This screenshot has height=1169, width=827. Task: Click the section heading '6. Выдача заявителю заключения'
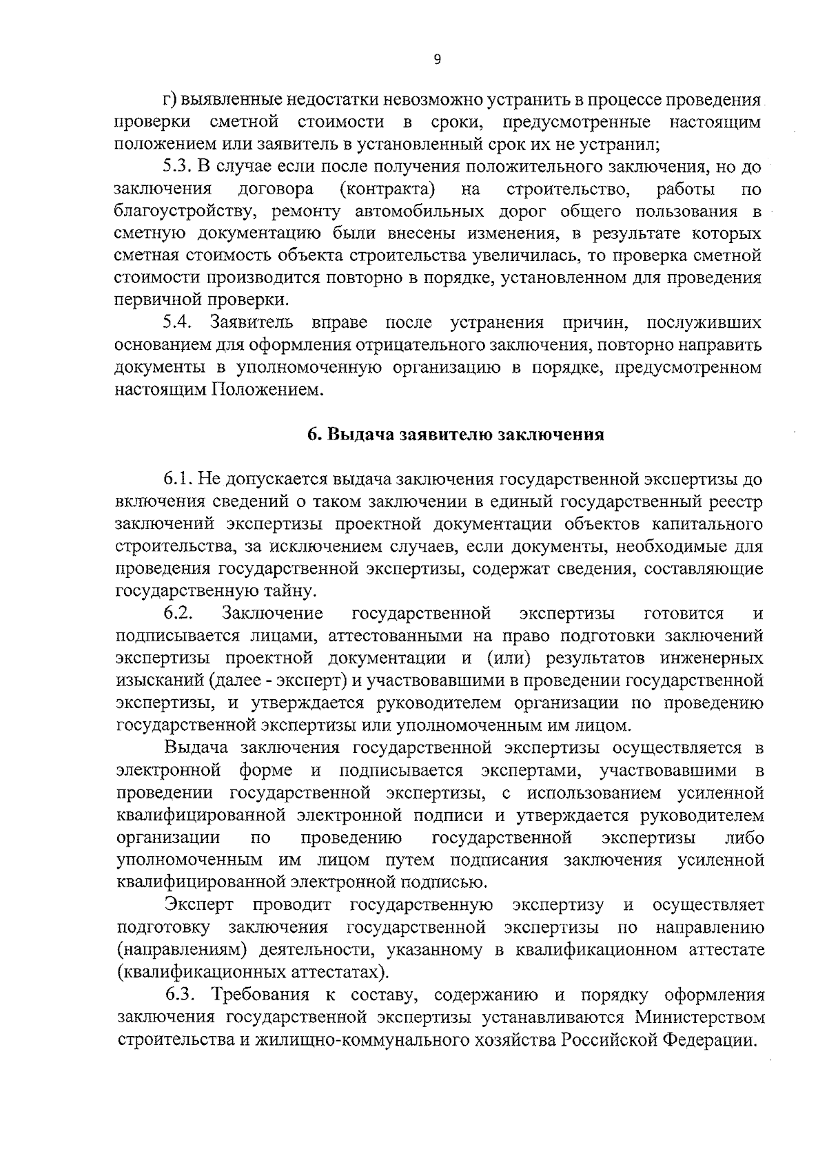(x=456, y=435)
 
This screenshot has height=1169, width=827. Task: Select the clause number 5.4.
(x=178, y=322)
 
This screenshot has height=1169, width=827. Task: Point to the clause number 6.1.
(x=177, y=479)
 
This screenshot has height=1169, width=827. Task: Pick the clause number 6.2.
(x=178, y=613)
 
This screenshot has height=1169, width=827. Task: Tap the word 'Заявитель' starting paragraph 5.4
(x=252, y=322)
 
